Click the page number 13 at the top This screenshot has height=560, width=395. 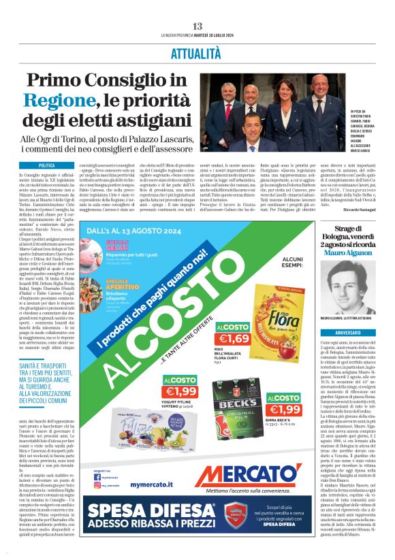click(x=197, y=26)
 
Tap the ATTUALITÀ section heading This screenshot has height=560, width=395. click(x=197, y=53)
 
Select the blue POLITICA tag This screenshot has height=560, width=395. click(x=47, y=165)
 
